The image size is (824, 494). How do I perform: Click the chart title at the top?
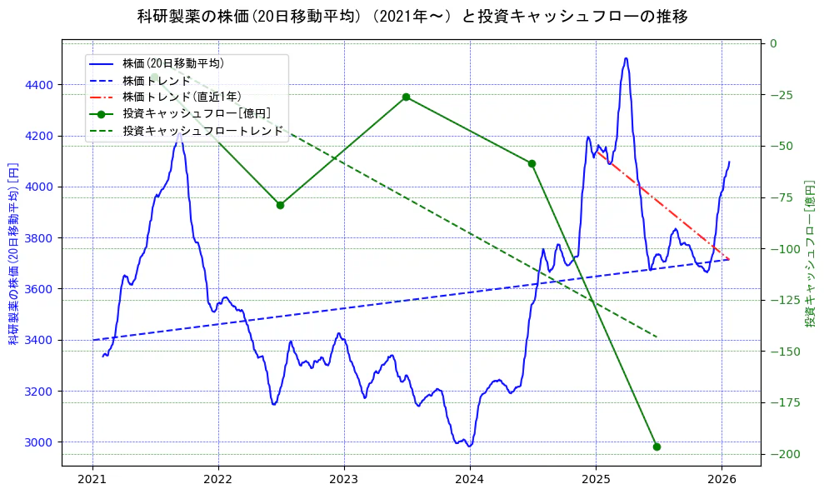[412, 16]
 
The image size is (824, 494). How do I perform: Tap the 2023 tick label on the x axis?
[344, 479]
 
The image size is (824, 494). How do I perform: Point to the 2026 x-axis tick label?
[722, 479]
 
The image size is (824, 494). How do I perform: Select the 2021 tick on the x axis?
[92, 479]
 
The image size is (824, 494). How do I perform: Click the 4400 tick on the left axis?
[38, 85]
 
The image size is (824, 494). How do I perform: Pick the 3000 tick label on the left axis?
[38, 442]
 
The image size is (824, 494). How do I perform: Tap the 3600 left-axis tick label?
[38, 289]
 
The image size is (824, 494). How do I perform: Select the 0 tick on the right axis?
[773, 43]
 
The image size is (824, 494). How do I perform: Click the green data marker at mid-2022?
[280, 205]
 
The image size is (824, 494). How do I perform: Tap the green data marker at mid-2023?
[406, 97]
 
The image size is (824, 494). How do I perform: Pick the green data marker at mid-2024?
[532, 163]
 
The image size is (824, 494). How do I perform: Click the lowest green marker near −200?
[657, 447]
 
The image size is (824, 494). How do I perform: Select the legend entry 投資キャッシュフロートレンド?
[202, 131]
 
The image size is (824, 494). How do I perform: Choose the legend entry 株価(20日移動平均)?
[172, 63]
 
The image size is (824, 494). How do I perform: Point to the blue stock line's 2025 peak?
[626, 58]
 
